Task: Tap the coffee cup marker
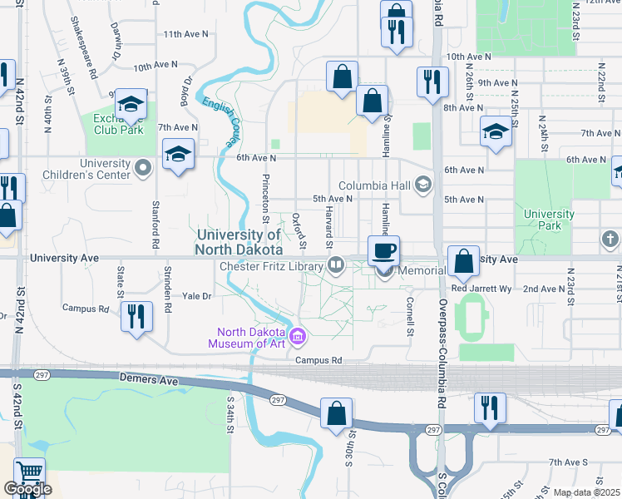[383, 250]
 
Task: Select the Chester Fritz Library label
[270, 266]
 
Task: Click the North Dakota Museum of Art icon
[299, 337]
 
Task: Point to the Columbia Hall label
[376, 185]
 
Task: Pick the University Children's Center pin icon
[144, 169]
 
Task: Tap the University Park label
[549, 220]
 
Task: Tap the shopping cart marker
[30, 472]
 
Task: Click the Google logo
[27, 489]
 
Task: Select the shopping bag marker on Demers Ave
[336, 413]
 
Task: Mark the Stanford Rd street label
[155, 225]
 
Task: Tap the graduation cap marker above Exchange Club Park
[131, 104]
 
